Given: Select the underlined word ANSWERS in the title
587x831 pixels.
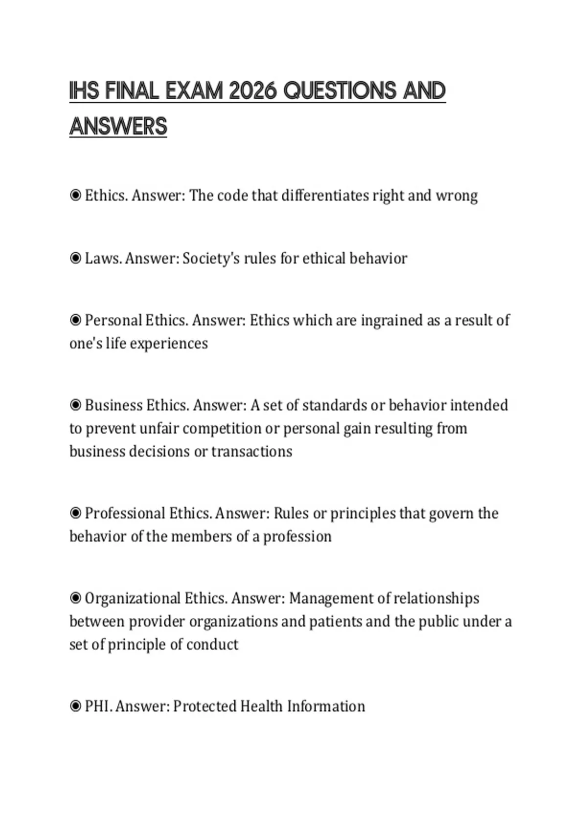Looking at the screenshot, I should pos(118,127).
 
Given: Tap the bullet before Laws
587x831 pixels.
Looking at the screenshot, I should pos(75,258).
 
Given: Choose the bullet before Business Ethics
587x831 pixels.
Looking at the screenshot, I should pos(75,405).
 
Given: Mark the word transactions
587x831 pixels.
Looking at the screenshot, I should pos(251,451).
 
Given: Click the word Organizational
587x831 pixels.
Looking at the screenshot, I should pos(132,598).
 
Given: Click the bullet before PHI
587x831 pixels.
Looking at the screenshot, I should pos(75,706).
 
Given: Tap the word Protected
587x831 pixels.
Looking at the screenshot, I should pos(204,706).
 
